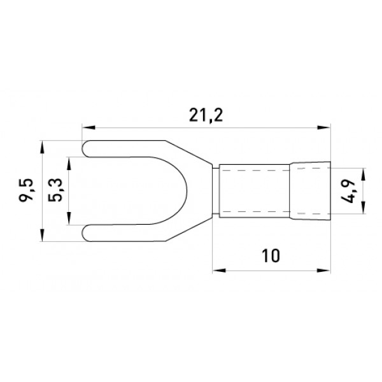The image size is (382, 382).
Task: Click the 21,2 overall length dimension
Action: pyautogui.click(x=206, y=115)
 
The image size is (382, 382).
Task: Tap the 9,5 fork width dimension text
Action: pyautogui.click(x=26, y=190)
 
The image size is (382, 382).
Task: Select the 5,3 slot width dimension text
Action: pyautogui.click(x=55, y=190)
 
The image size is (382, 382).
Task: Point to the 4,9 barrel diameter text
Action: pyautogui.click(x=347, y=192)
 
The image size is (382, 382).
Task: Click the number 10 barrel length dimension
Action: pyautogui.click(x=271, y=256)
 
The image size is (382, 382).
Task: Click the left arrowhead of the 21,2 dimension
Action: pyautogui.click(x=88, y=127)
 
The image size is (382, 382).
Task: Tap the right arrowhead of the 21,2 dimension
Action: pyautogui.click(x=324, y=127)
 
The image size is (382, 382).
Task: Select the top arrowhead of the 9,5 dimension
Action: pyautogui.click(x=43, y=147)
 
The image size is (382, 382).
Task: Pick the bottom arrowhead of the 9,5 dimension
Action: pyautogui.click(x=43, y=235)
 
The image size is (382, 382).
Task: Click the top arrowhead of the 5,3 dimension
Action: pyautogui.click(x=69, y=164)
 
